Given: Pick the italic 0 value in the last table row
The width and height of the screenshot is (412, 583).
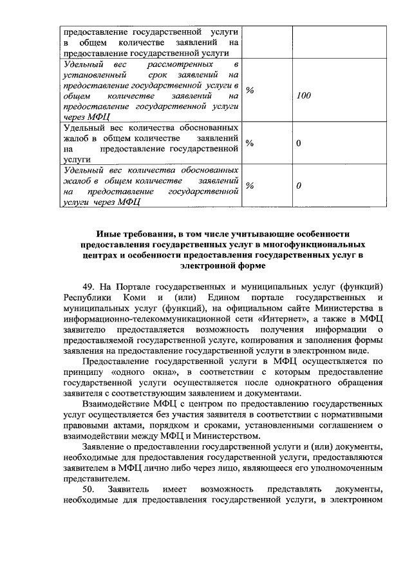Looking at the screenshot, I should (x=298, y=186).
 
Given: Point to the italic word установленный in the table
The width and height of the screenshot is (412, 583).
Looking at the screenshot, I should (x=95, y=75).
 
